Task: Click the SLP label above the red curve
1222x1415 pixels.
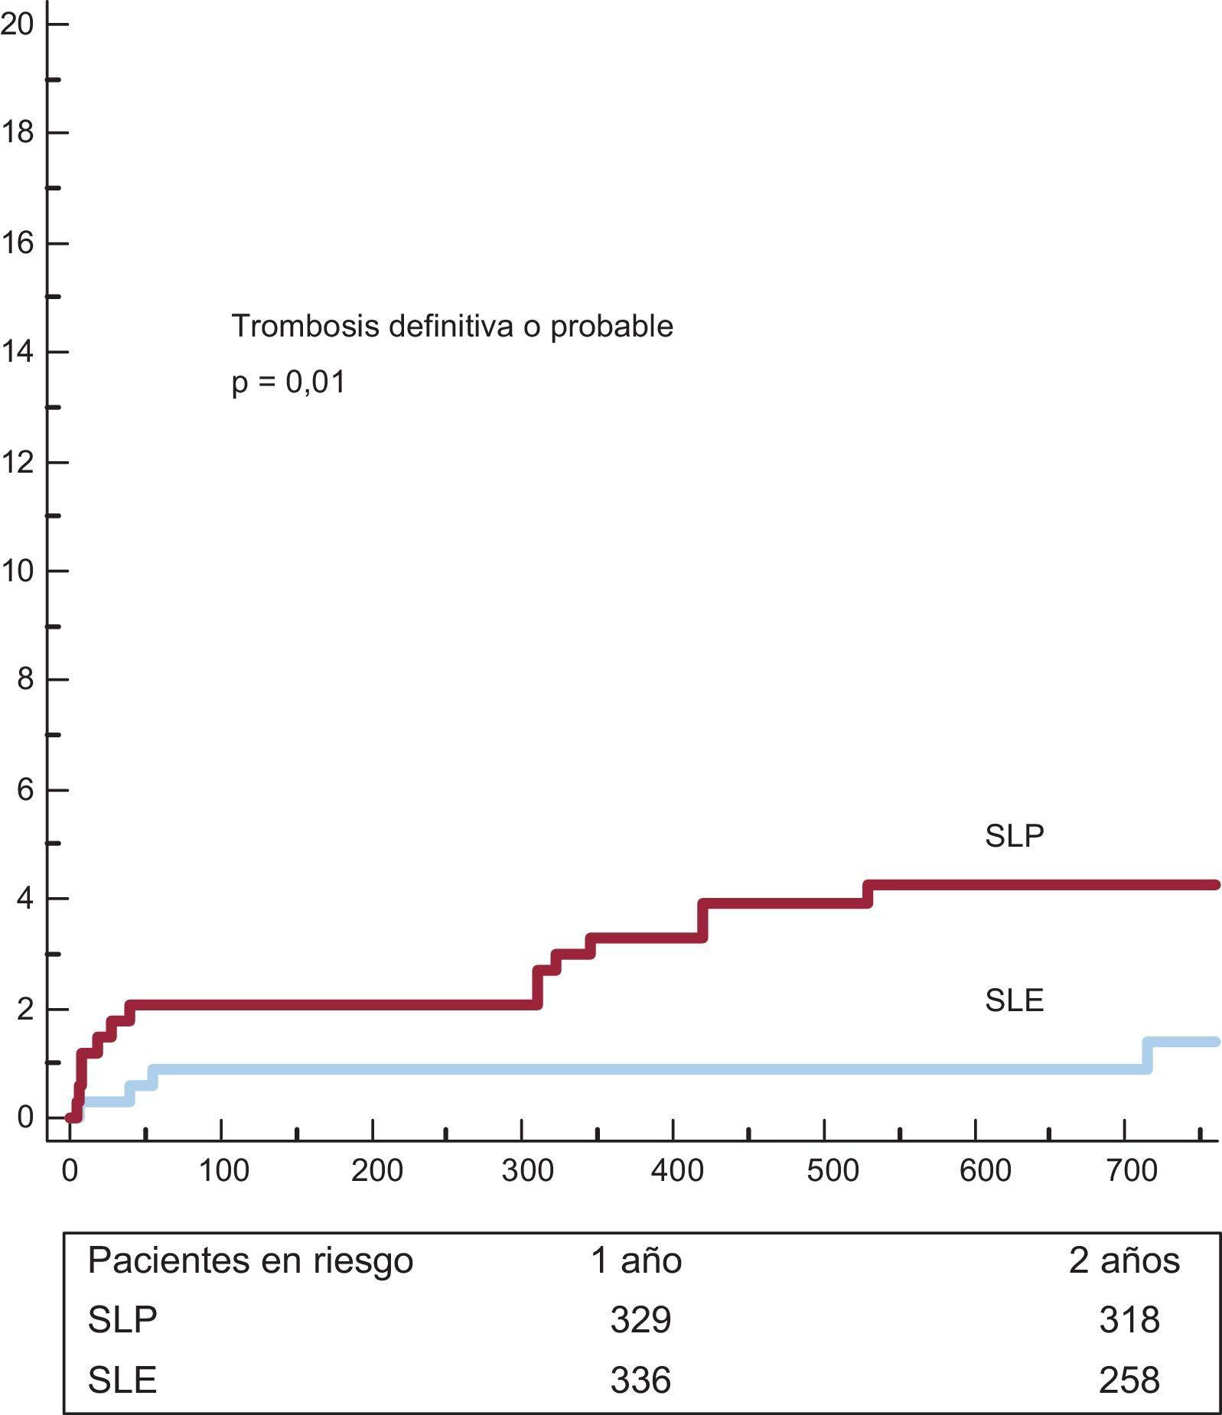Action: pyautogui.click(x=1014, y=836)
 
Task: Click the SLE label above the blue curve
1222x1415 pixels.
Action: pyautogui.click(x=1014, y=1000)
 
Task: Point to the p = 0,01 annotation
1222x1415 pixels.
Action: pyautogui.click(x=288, y=382)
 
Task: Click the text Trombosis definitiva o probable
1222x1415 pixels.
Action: pyautogui.click(x=452, y=326)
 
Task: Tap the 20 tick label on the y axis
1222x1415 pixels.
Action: pyautogui.click(x=17, y=24)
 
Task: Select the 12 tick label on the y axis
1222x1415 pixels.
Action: pyautogui.click(x=17, y=462)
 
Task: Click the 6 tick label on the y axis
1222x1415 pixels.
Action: pyautogui.click(x=25, y=789)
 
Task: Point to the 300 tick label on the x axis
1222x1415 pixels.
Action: pyautogui.click(x=527, y=1171)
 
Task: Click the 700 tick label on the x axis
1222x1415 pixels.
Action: pyautogui.click(x=1132, y=1171)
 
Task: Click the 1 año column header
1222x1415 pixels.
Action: pyautogui.click(x=636, y=1260)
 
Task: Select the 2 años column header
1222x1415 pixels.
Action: pyautogui.click(x=1123, y=1260)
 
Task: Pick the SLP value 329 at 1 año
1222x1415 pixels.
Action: pyautogui.click(x=640, y=1319)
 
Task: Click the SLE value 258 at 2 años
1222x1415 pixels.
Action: pyautogui.click(x=1129, y=1380)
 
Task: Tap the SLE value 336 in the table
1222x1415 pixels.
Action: pyautogui.click(x=640, y=1380)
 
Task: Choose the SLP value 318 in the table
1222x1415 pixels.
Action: pyautogui.click(x=1129, y=1319)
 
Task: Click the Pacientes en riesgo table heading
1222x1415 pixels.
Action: pyautogui.click(x=250, y=1260)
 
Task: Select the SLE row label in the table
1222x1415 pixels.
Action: pyautogui.click(x=122, y=1380)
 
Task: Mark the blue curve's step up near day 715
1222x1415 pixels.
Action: pyautogui.click(x=1148, y=1055)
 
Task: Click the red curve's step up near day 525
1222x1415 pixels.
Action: pyautogui.click(x=868, y=894)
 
